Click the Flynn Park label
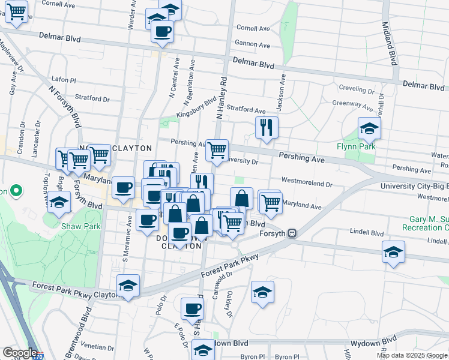355,146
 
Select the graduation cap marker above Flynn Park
369,128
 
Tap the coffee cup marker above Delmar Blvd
162,31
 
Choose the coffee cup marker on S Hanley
192,309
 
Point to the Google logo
20,353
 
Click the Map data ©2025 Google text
411,355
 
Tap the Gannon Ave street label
253,44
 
